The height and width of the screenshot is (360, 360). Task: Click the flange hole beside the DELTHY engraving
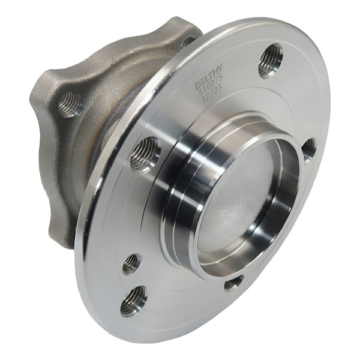(x=270, y=60)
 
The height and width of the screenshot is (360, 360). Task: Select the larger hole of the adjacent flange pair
(x=133, y=301)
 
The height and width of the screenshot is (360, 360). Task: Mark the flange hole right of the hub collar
(x=308, y=149)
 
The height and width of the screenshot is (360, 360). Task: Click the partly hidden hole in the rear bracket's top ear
(x=188, y=42)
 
